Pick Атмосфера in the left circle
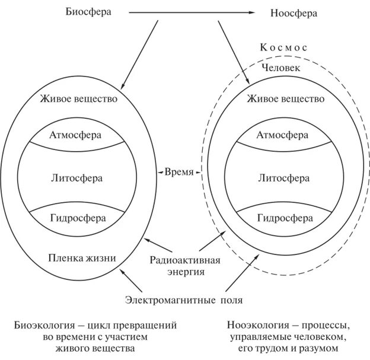coord(75,135)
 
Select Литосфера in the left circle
coord(75,177)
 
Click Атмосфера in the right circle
coord(282,135)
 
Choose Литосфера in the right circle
coord(282,177)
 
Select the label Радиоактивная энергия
coord(185,266)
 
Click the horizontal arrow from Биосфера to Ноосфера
coord(190,12)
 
